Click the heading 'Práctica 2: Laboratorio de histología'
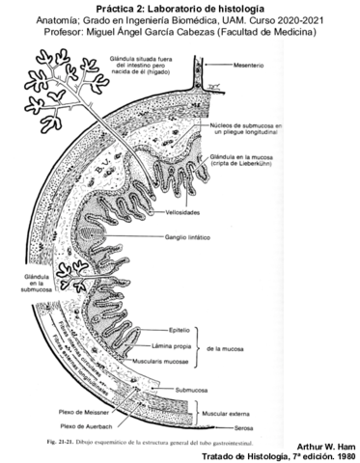click(180, 8)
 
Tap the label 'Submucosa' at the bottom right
click(195, 390)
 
